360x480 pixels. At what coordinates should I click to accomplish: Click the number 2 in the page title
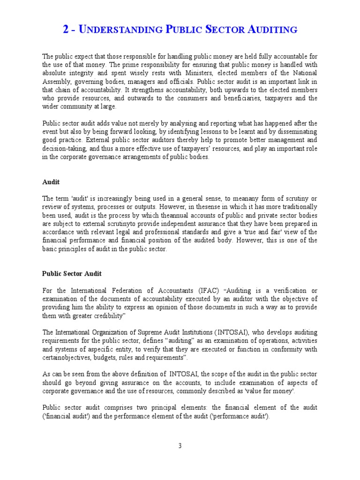pyautogui.click(x=66, y=30)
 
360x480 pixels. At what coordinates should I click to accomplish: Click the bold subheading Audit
pyautogui.click(x=51, y=181)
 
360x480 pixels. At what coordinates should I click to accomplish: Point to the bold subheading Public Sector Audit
pyautogui.click(x=72, y=273)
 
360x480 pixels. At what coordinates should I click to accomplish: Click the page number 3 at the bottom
pyautogui.click(x=180, y=446)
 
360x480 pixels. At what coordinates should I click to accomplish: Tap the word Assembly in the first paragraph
pyautogui.click(x=55, y=82)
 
